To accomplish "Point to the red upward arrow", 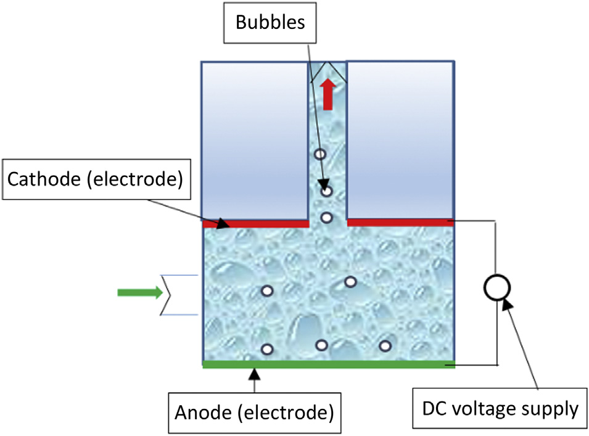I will (x=327, y=94).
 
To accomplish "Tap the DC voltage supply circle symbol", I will (x=496, y=287).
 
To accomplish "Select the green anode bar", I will (x=328, y=364).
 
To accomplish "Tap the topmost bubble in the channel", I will (x=319, y=154).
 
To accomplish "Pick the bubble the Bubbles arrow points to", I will (x=327, y=191).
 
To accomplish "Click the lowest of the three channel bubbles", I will (x=327, y=218).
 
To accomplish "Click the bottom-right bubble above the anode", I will (x=385, y=345).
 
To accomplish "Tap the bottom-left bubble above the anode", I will (x=267, y=350).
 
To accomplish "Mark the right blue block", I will (x=400, y=139).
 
